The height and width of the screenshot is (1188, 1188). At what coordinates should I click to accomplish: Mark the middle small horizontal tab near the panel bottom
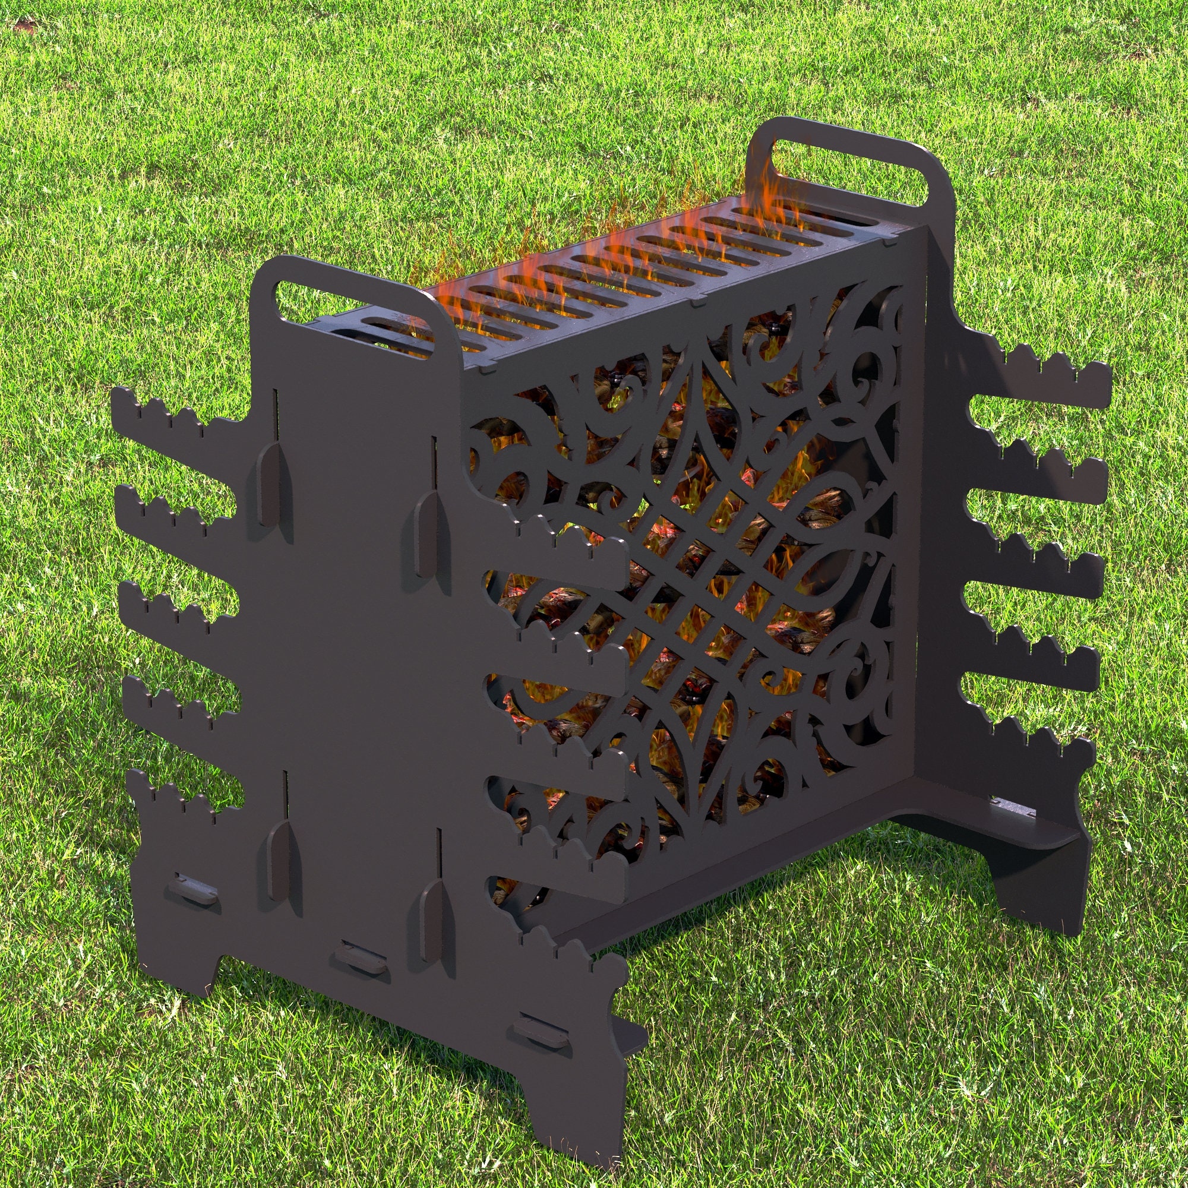360,972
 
